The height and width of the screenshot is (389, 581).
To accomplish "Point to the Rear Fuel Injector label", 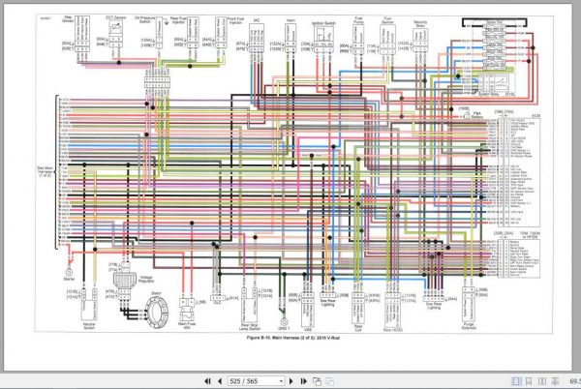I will coord(177,19).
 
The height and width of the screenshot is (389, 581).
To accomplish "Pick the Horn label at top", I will coord(291,17).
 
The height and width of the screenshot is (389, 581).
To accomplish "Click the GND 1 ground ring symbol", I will coord(283,312).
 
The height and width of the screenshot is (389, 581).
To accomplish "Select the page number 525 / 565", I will coord(238,381).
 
